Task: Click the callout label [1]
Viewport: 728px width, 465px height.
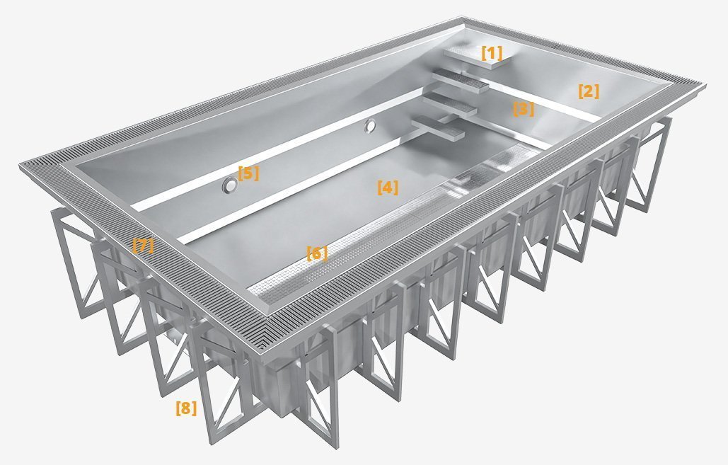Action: point(492,52)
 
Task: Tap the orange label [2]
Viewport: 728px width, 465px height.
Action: point(589,91)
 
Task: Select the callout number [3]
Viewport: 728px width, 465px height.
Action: point(523,109)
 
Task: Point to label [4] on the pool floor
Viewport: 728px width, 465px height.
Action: point(388,188)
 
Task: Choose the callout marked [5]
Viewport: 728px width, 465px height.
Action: point(248,173)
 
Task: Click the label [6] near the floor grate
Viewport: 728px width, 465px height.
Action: point(316,253)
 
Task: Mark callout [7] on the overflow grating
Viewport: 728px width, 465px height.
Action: point(143,246)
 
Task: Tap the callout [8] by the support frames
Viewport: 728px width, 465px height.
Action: point(186,408)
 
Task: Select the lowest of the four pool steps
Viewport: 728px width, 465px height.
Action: point(441,129)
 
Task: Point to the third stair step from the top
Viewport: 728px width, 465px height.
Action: point(453,105)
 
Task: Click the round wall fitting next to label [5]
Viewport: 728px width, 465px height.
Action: point(229,185)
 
